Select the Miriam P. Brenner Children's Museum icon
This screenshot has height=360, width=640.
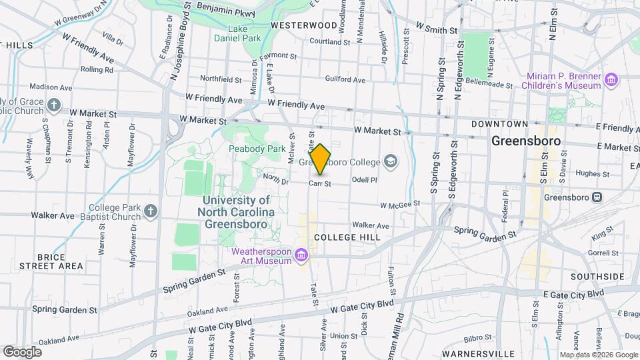click(x=611, y=81)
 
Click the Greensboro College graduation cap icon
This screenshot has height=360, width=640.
click(x=390, y=161)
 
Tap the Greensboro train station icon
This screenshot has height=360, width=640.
click(x=597, y=197)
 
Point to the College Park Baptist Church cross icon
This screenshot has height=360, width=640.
click(x=151, y=211)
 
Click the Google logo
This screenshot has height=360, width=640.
click(x=22, y=351)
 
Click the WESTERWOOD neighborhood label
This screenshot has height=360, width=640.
click(x=304, y=25)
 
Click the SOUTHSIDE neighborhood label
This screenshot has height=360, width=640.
click(x=597, y=277)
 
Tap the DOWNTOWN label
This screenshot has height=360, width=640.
click(x=499, y=125)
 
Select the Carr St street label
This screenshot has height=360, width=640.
click(x=320, y=183)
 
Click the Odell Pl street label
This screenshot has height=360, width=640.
click(x=364, y=180)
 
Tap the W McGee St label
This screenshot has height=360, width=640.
click(x=400, y=204)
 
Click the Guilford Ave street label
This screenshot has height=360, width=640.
click(x=345, y=80)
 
